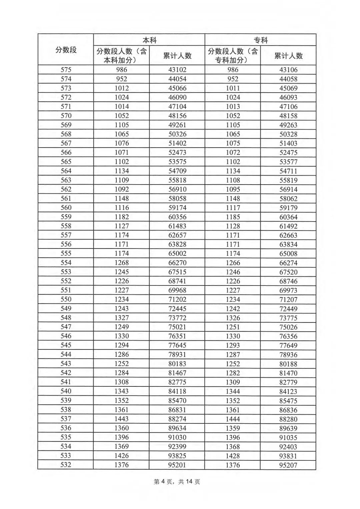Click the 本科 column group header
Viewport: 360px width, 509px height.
tap(149, 40)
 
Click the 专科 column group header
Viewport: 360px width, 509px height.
tap(260, 40)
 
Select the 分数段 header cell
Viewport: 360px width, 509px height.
tap(66, 50)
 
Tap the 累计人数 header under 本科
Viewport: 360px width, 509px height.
tap(177, 56)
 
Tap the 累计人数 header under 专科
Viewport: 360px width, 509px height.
tap(288, 56)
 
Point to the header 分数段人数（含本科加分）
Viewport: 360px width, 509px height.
tap(121, 56)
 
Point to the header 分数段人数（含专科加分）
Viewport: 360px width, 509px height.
tap(233, 56)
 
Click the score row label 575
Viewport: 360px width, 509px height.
tap(66, 70)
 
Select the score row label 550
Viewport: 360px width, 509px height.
tap(66, 299)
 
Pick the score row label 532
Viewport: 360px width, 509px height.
tap(66, 464)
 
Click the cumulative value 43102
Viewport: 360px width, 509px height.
tap(177, 70)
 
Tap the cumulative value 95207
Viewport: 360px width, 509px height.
tap(288, 465)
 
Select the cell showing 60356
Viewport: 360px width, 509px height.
tap(177, 217)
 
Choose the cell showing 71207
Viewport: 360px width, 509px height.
tap(288, 299)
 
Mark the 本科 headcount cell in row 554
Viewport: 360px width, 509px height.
tap(121, 262)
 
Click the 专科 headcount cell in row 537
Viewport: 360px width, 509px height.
tap(233, 419)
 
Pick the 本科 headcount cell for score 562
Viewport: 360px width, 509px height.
tap(121, 189)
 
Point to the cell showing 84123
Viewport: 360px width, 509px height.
tap(288, 391)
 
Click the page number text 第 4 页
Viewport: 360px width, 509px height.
tap(163, 482)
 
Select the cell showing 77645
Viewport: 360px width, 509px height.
tap(177, 345)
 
